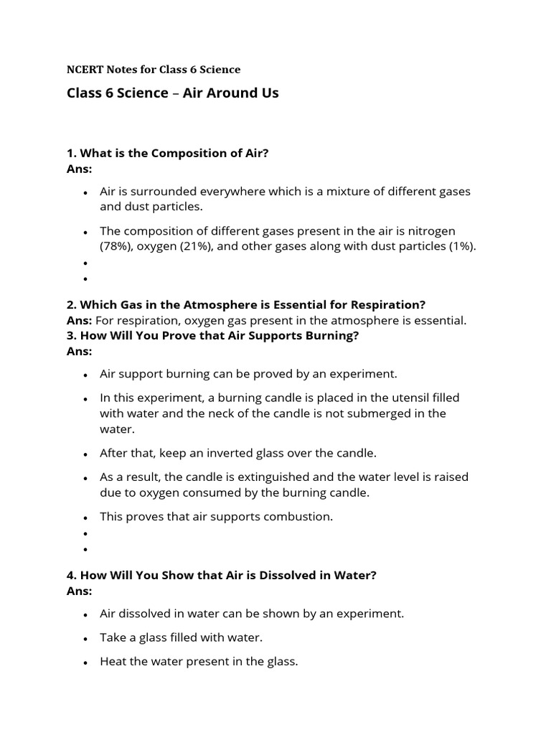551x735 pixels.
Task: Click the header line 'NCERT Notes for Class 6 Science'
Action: click(154, 70)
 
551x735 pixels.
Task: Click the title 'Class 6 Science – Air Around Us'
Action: click(172, 93)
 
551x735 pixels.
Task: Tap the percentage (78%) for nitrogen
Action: click(116, 246)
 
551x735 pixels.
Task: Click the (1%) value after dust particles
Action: click(460, 246)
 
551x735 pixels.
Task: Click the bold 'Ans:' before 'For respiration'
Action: click(80, 320)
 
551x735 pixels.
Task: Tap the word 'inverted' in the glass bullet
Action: click(231, 453)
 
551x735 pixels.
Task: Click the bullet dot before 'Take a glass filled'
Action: click(85, 638)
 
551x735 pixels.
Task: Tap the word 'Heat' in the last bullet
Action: click(113, 661)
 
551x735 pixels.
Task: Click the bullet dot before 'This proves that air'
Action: click(85, 517)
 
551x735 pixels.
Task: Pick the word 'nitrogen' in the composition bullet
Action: click(433, 230)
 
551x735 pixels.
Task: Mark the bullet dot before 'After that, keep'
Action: click(85, 454)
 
